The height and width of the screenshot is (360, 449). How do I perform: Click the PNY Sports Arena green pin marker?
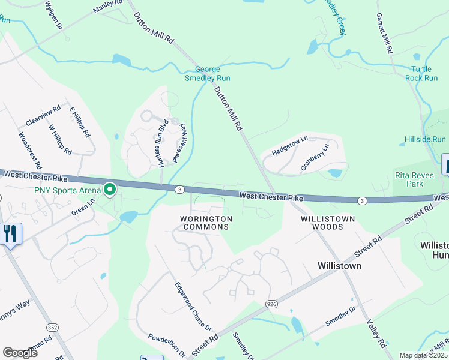110,190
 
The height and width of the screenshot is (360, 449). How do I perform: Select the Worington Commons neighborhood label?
206,223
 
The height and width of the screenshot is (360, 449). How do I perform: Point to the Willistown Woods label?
327,223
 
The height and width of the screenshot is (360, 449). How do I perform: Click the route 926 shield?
271,305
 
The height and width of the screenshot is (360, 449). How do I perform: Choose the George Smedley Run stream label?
207,73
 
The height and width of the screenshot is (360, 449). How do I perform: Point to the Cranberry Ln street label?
315,157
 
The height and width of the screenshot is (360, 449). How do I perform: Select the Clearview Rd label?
44,117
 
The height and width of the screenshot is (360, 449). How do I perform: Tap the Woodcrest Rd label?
31,150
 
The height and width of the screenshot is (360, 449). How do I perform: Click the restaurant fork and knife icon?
11,233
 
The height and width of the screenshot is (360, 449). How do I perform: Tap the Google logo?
20,353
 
